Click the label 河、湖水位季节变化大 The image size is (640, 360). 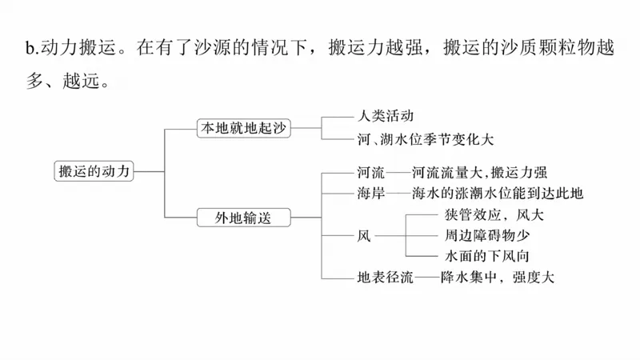coord(426,138)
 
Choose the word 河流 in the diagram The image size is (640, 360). coord(371,173)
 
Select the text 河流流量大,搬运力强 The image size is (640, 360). coord(479,173)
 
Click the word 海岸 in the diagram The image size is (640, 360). coord(371,193)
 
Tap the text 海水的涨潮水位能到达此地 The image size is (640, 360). coord(498,193)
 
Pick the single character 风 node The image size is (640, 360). coord(364,236)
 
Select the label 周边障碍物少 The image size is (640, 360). coord(486,236)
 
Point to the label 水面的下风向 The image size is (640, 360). coord(486,257)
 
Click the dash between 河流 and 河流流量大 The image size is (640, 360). coord(398,173)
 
